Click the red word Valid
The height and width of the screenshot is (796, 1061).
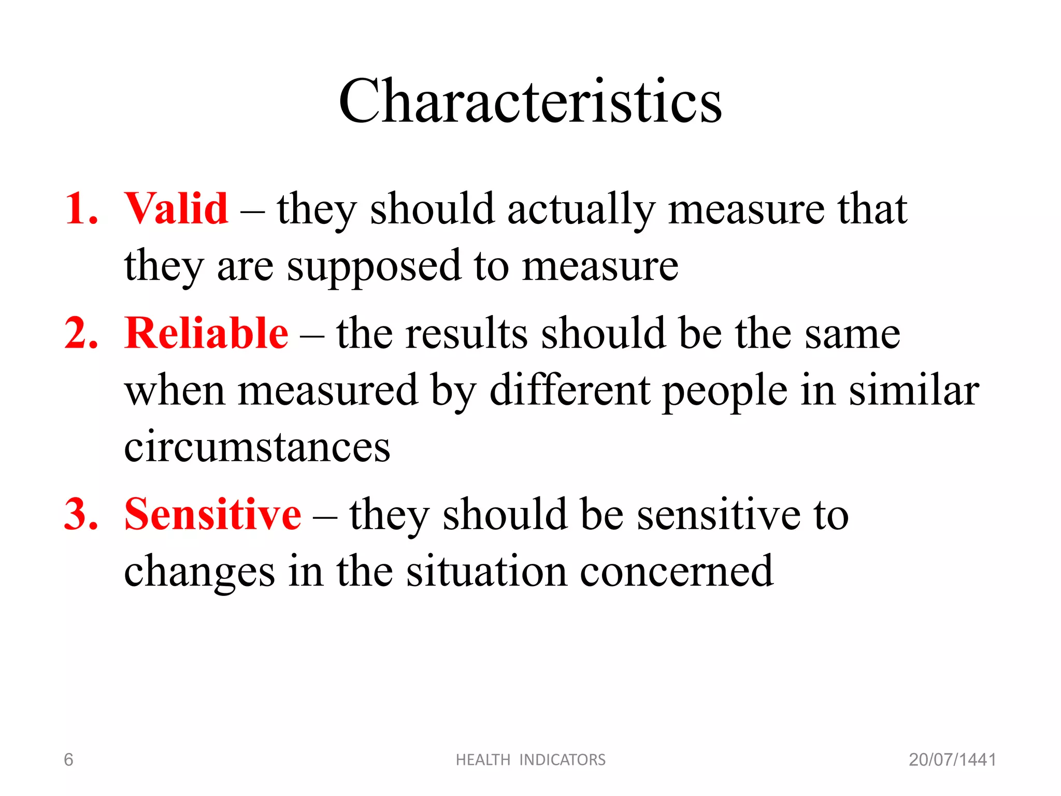pos(176,208)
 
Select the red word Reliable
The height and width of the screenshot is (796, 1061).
pos(206,333)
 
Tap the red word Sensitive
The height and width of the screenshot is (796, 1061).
pos(212,514)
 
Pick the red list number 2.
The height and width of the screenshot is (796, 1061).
pos(81,333)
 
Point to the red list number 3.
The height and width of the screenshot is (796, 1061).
pos(81,514)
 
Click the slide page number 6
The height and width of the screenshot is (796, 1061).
pos(68,760)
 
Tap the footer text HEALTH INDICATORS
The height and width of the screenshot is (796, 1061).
pos(530,760)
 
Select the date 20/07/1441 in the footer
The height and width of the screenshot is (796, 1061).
pos(952,760)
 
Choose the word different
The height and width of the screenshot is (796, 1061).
pos(570,390)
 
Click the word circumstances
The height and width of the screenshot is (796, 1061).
pos(257,447)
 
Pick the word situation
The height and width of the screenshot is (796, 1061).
pos(486,572)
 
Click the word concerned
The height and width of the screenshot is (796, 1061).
pos(676,572)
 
